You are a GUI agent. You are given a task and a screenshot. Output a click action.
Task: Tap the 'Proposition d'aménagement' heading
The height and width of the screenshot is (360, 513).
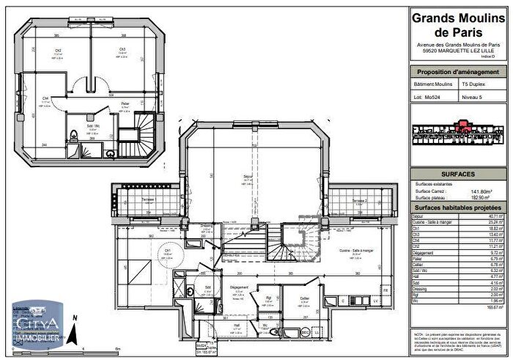[x=457, y=72]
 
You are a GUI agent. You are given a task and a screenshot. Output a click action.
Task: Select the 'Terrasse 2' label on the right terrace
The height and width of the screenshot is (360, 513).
[x=358, y=199]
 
